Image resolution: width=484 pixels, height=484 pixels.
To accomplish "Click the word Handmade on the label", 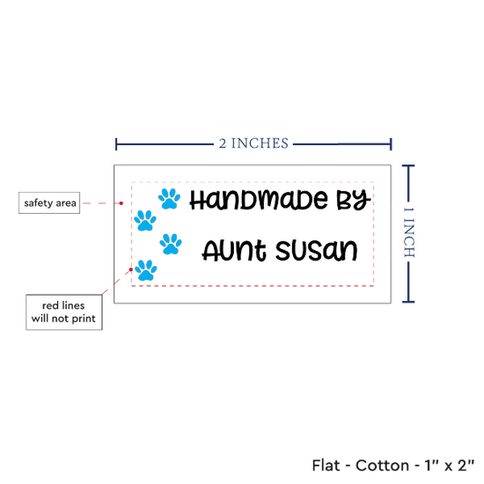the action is pos(259,200).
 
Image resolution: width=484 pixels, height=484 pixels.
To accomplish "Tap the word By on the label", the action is pos(354,200).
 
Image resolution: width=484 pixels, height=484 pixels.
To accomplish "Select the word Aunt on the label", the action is pos(234,250).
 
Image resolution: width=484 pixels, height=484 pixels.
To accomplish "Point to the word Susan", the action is pos(317,250).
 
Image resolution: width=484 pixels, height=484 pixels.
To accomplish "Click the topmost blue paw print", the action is pos(169,199).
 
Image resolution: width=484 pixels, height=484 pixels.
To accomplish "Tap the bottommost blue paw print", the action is pos(146,270).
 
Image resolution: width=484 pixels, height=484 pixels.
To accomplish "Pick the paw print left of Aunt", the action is pos(171,244).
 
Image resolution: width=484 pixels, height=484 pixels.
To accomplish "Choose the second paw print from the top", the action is pos(145,220).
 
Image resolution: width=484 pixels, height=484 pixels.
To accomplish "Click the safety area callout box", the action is pos(49,202).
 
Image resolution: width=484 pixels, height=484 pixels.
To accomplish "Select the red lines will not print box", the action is pos(64,312).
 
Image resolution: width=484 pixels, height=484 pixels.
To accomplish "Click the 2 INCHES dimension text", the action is pos(253,143).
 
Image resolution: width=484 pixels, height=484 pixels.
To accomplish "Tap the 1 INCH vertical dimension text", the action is pos(409,232).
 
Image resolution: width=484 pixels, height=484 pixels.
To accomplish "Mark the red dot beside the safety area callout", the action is pos(121,203).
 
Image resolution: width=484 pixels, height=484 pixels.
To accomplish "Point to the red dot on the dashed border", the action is pos(131,269).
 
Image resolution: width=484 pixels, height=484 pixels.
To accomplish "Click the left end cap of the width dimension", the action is pos(116,144).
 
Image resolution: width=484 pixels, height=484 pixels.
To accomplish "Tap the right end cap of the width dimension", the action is pos(391,144).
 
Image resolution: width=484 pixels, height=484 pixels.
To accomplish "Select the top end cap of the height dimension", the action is pos(408,166).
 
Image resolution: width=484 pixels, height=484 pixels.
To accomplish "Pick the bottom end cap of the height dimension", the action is pos(408,302).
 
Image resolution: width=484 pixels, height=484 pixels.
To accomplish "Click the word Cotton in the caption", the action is pos(382,466).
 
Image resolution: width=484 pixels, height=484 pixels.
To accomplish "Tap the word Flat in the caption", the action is pos(326,466).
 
